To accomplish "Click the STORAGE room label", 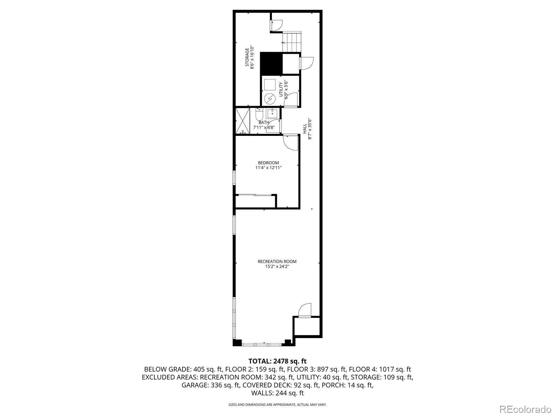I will click(247, 57).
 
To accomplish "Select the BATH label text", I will click(264, 122).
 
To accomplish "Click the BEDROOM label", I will click(268, 163).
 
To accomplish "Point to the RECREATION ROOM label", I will click(277, 261).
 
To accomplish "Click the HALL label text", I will click(305, 129).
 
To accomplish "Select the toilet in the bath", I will click(259, 114).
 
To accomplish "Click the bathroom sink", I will click(273, 113).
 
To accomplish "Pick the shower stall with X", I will click(242, 121).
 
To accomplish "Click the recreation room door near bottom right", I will click(305, 310).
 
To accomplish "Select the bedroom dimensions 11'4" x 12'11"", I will click(268, 168).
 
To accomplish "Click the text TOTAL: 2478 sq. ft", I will click(277, 362).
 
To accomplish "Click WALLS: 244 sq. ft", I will click(277, 393).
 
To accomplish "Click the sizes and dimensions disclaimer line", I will click(277, 405).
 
